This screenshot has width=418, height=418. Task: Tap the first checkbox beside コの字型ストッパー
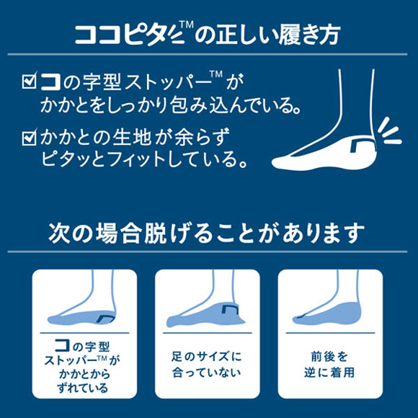pos(29,79)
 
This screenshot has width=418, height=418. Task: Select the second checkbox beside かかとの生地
pos(29,135)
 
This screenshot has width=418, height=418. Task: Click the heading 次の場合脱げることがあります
pos(208,232)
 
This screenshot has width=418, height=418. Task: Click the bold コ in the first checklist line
pos(50,79)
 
